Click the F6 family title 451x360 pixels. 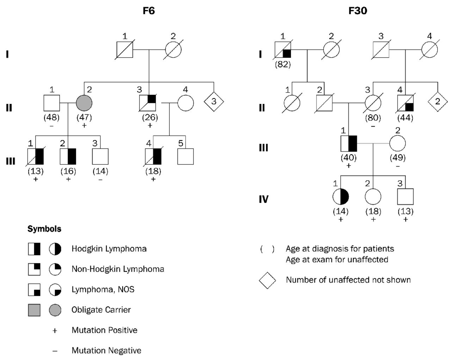(149, 11)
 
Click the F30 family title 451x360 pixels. (358, 11)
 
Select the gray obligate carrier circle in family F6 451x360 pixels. (84, 103)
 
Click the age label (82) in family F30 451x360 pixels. (283, 65)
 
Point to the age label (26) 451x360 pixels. (149, 117)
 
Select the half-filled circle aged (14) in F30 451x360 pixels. (341, 197)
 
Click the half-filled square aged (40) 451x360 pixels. (349, 143)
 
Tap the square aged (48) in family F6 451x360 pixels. (52, 103)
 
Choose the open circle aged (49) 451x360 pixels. (397, 143)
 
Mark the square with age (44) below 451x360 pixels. (405, 103)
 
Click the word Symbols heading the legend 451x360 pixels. (44, 229)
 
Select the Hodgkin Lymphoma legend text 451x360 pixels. (109, 249)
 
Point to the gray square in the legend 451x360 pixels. (34, 310)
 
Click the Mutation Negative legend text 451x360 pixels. (106, 351)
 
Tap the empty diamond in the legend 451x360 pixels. (267, 280)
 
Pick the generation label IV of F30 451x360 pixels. (264, 199)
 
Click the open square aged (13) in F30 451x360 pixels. (405, 197)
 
